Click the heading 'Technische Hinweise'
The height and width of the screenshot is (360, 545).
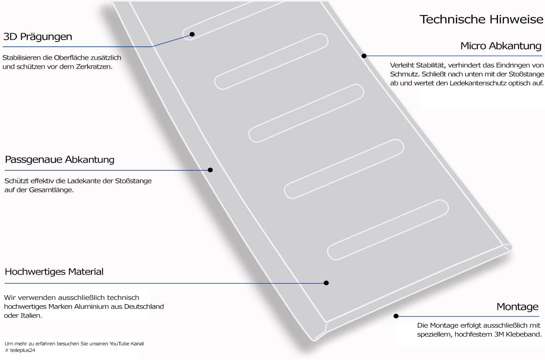[x=481, y=19]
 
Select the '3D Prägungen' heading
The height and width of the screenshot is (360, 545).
[x=38, y=37]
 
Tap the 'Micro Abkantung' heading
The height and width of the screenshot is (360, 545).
[x=501, y=46]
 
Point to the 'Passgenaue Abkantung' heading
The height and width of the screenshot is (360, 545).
[x=60, y=160]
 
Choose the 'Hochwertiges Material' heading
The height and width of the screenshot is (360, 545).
[x=54, y=272]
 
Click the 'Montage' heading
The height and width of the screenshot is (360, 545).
[x=517, y=307]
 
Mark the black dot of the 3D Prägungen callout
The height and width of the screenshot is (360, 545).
[x=192, y=34]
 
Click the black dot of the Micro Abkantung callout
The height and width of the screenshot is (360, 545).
[x=364, y=56]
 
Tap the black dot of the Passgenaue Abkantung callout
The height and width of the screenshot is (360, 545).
[x=210, y=170]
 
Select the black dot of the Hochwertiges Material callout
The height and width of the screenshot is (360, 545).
[x=326, y=283]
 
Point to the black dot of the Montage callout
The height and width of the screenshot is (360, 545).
[x=396, y=316]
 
